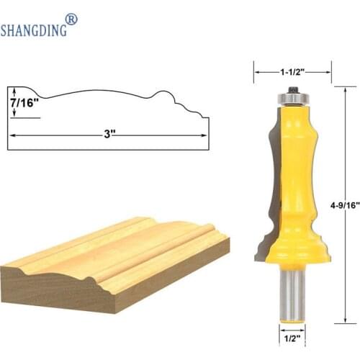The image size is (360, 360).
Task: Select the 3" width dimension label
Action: point(108,133)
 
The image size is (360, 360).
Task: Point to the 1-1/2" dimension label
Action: point(292,71)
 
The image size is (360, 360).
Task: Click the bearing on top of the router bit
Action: point(292,94)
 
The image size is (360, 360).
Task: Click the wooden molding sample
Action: point(115,252)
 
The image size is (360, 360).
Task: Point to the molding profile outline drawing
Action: point(108,108)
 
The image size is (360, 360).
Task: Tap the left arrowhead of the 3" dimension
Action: point(12,134)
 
